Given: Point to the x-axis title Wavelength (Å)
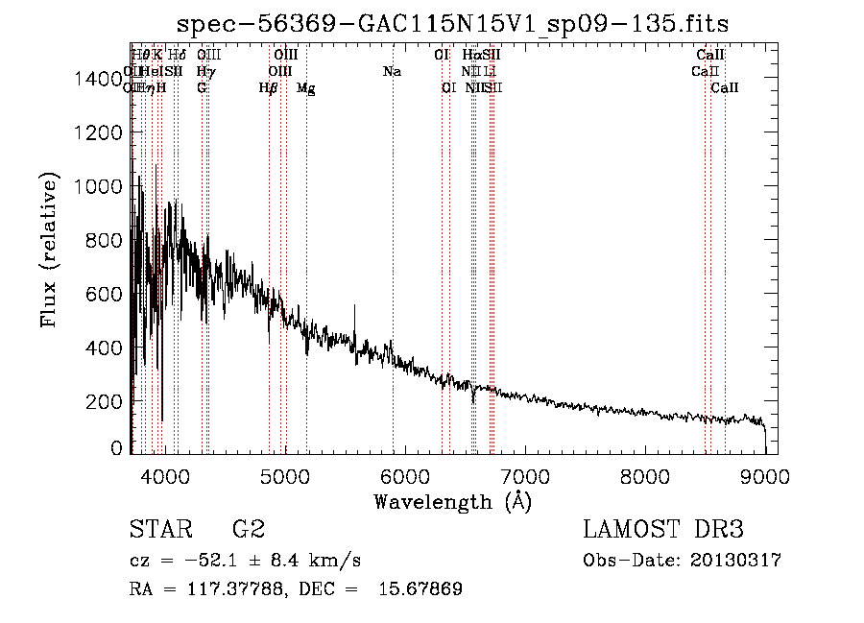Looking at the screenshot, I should coord(452,501).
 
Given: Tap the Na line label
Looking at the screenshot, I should coord(392,72).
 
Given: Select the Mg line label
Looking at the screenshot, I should coord(306,88).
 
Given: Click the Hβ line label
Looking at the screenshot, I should coord(269,88).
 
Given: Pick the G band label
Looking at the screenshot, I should coord(202,88).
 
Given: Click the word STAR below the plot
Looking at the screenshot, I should coord(157,530).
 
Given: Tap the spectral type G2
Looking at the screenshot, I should coord(249,530).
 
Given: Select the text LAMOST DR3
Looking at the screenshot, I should coord(663,530).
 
